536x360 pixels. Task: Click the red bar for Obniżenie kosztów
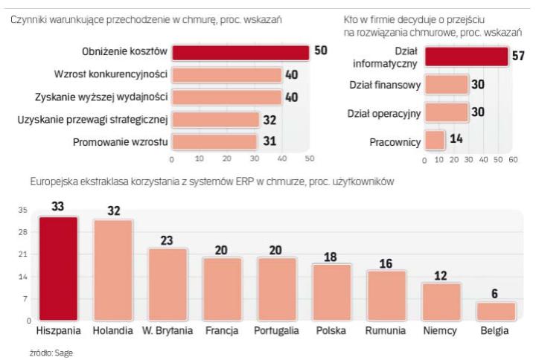click(240, 52)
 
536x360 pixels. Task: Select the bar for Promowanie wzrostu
click(214, 141)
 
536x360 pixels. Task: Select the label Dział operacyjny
click(385, 113)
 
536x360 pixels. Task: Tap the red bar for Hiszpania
click(59, 269)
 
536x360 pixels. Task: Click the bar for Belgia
click(497, 311)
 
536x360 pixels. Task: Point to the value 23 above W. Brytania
click(168, 240)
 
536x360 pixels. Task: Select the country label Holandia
click(113, 328)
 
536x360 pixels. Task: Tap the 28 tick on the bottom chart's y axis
click(22, 232)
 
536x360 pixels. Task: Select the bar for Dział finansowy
click(447, 86)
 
